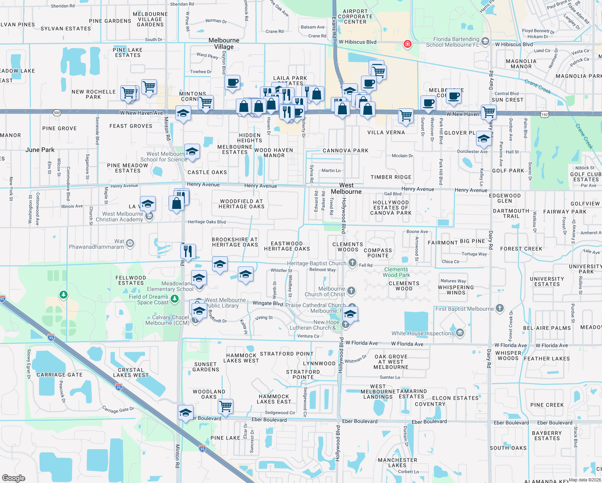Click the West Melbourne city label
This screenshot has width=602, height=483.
pos(346,188)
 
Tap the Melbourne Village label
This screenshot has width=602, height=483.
pos(224,43)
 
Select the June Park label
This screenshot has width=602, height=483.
pos(40,150)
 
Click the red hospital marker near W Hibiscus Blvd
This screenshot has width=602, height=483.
pos(407,43)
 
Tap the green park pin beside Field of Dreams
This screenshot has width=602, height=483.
pos(175,299)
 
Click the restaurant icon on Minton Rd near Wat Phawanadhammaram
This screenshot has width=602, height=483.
pos(188,251)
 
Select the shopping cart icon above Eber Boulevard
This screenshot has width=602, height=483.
pos(226,406)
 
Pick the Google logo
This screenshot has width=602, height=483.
pos(14,478)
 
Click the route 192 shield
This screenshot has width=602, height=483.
pos(544,115)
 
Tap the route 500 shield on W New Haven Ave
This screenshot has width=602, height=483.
pos(57,113)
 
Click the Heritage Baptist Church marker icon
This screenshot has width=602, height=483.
pos(353,263)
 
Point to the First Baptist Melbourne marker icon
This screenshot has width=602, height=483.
pos(500,309)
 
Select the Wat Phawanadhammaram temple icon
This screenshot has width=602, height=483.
pos(130,243)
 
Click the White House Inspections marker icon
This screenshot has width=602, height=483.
pos(460,333)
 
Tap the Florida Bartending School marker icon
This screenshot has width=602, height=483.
pos(485,41)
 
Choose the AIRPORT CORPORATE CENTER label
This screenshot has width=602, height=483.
pos(355,17)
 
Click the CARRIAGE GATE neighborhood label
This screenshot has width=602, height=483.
pos(60,375)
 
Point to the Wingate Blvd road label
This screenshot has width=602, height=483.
pos(268,303)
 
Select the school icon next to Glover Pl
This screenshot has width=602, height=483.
pos(483,138)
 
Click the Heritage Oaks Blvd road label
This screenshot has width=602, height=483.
pos(206,222)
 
